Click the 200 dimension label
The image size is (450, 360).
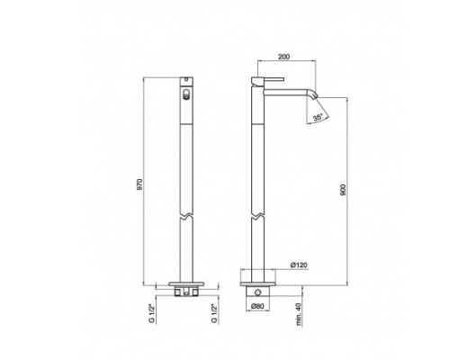[283, 57]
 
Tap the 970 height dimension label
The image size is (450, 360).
[140, 184]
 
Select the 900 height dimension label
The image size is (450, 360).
[343, 190]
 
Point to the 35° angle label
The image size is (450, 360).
[318, 117]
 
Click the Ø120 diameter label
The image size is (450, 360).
[299, 265]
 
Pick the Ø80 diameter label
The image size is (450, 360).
[257, 306]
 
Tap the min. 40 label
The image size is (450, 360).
[298, 314]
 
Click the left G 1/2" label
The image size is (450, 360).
[152, 313]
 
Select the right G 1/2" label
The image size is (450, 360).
[214, 313]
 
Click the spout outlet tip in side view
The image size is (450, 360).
[315, 96]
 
